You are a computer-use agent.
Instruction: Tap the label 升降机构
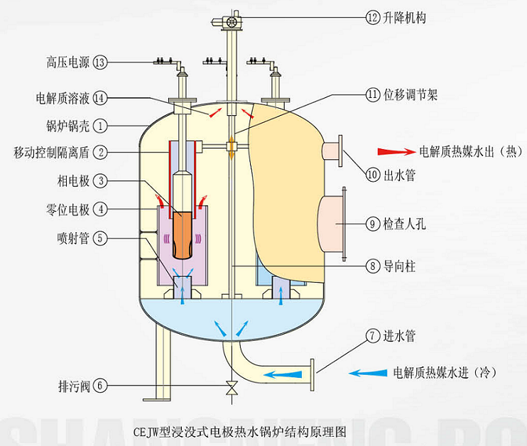coord(406,16)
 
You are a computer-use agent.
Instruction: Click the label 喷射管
coord(73,238)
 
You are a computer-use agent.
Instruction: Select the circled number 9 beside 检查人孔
coord(373,224)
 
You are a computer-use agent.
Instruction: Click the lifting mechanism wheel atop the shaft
coord(232,23)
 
